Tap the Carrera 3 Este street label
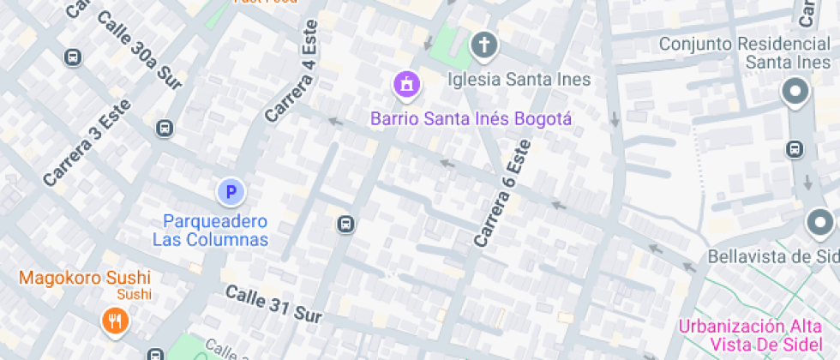click(87, 143)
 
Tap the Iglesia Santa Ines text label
click(519, 80)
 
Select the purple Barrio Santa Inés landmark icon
click(406, 84)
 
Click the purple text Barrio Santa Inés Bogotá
click(471, 118)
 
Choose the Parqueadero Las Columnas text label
click(211, 231)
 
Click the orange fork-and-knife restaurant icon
click(113, 321)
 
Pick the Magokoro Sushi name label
click(84, 278)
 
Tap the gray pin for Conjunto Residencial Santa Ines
click(796, 92)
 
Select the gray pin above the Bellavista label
click(820, 224)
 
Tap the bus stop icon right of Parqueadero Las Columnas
click(345, 225)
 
